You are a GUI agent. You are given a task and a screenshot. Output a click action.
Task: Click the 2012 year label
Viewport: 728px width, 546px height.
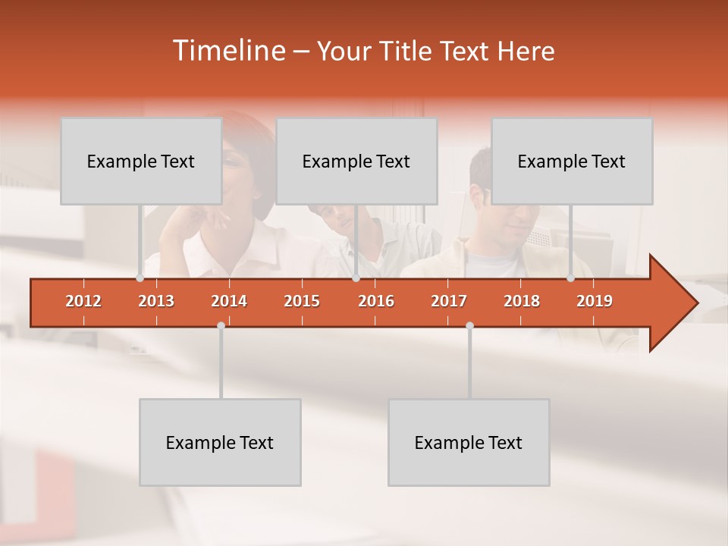coord(83,301)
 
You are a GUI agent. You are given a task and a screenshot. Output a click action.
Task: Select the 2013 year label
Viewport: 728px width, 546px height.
coord(156,301)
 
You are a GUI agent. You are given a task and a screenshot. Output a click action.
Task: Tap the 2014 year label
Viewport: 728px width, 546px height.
coord(229,301)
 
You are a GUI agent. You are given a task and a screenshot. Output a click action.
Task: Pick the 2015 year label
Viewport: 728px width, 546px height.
coord(302,301)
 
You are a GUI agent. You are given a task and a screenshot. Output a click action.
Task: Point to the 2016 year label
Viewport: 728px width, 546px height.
coord(376,301)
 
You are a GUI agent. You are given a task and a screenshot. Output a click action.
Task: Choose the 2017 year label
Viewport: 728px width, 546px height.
coord(449,301)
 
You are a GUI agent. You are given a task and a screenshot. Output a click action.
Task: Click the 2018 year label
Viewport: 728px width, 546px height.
coord(522,301)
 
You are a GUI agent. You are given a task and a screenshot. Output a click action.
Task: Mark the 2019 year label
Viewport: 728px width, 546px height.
coord(595,301)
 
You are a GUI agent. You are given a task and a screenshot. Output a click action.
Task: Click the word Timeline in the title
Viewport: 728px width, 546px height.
coord(227,51)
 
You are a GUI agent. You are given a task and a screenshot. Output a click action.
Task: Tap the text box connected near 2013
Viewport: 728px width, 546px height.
coord(141,161)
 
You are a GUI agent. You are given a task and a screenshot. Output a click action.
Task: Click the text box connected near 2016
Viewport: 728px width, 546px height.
coord(356,161)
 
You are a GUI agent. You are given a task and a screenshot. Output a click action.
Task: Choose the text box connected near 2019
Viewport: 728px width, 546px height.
coord(572,161)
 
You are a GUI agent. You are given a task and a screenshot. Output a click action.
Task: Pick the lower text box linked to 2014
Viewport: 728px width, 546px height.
coord(220,442)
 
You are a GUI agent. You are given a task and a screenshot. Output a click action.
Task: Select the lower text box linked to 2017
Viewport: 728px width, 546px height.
coord(469,442)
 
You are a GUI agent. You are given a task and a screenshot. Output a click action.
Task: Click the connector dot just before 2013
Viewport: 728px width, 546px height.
coord(140,278)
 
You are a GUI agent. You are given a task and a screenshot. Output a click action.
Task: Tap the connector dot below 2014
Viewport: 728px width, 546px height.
coord(221,325)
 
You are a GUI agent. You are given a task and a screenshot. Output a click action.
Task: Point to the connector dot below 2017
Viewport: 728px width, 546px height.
coord(469,325)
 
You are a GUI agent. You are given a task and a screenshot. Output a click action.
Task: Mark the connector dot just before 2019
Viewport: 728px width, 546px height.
coord(570,278)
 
